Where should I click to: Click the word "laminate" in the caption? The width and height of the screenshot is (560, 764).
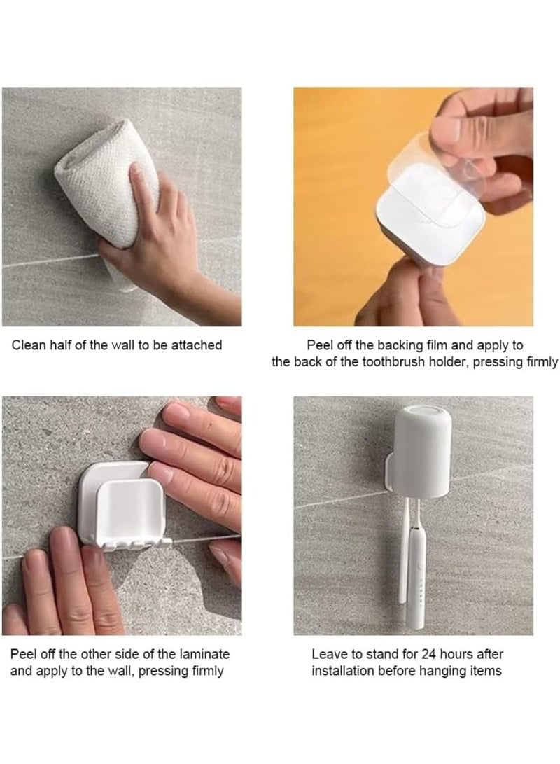pyautogui.click(x=201, y=654)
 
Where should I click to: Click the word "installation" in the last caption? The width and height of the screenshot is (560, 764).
pyautogui.click(x=343, y=672)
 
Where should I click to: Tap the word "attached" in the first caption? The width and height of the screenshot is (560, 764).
pyautogui.click(x=197, y=345)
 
